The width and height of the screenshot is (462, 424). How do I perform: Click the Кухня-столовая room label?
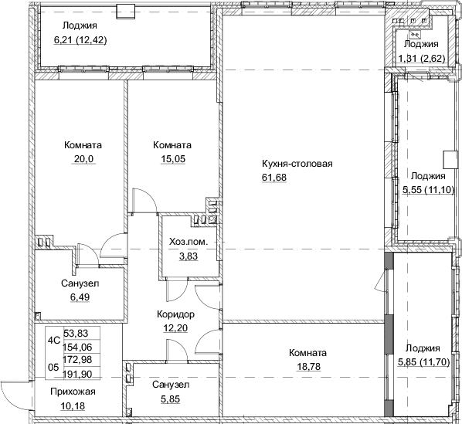(298, 164)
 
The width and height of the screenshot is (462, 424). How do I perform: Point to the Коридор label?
(174, 314)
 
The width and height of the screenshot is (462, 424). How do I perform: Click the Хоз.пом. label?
(188, 243)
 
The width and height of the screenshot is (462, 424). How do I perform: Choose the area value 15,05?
(172, 160)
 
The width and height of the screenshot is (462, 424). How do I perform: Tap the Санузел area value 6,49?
(80, 297)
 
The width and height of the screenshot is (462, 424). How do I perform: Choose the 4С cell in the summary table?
(53, 338)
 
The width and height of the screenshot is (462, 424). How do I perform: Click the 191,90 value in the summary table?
(83, 374)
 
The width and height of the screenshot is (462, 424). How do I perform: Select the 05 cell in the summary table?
(53, 368)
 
